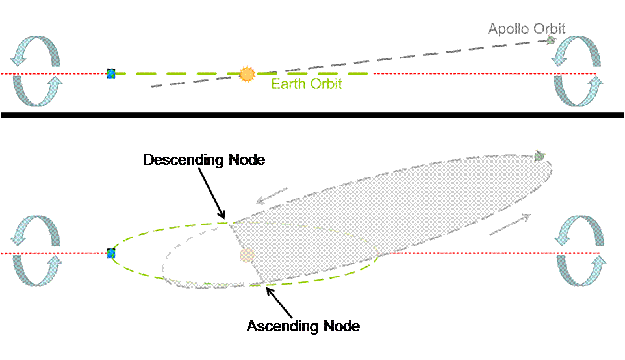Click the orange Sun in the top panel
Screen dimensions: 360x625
click(x=246, y=74)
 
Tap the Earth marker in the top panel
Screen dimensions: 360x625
click(x=111, y=73)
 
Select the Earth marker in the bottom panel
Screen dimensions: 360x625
click(x=111, y=253)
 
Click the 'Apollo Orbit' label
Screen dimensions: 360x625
click(x=526, y=29)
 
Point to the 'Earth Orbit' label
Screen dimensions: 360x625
click(x=307, y=84)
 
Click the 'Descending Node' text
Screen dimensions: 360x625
click(x=204, y=160)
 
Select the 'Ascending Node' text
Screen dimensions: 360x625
click(x=303, y=326)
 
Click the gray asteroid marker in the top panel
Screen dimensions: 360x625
click(x=551, y=40)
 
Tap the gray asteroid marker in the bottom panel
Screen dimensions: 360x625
click(x=539, y=155)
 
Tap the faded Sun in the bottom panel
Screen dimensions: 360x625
click(x=246, y=255)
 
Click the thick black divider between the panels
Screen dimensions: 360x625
click(x=312, y=116)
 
